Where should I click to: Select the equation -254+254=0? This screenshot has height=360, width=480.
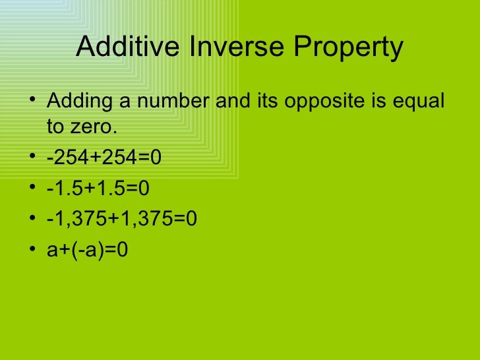[104, 158]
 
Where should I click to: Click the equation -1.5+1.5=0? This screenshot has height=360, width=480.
[98, 189]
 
